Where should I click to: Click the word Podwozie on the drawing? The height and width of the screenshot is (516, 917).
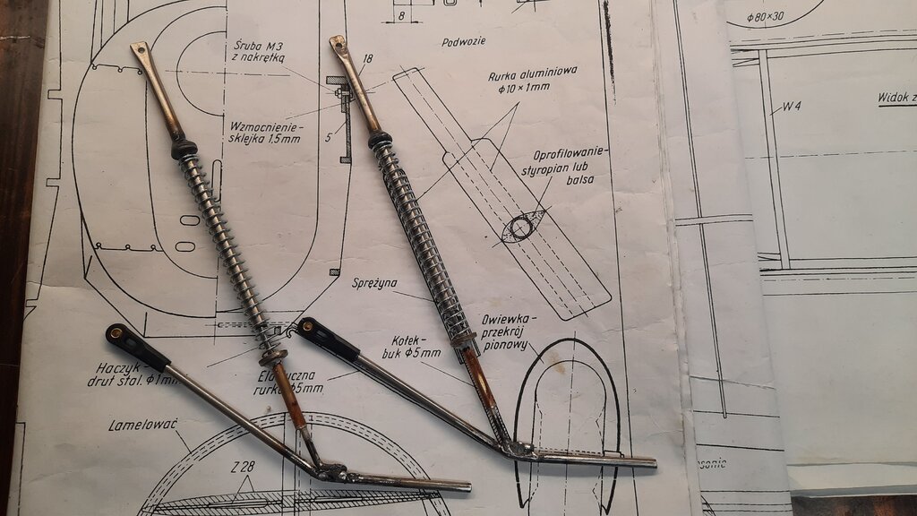click(463, 41)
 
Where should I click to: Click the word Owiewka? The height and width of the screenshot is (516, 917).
click(508, 318)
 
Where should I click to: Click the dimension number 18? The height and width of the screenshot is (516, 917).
click(366, 59)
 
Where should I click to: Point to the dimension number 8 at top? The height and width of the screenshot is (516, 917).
click(400, 15)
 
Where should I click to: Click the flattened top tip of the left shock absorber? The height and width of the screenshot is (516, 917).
click(139, 49)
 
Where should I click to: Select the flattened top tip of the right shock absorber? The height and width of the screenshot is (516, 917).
click(338, 42)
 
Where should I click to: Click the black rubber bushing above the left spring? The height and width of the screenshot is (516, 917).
click(184, 148)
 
